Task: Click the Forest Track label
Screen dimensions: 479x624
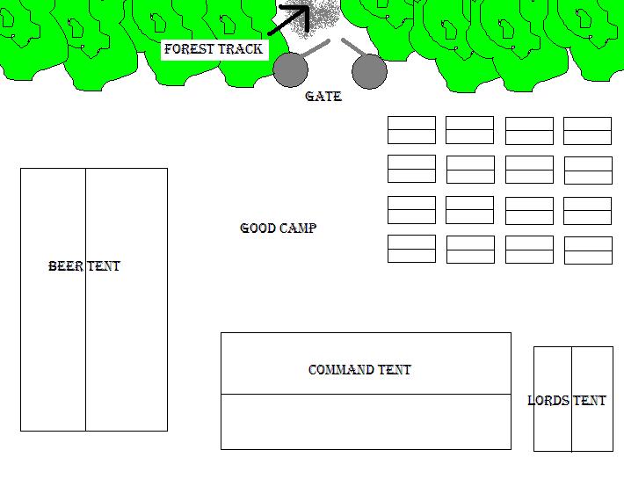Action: (214, 49)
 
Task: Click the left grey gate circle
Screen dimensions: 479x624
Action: (290, 70)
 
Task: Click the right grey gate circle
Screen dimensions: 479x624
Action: (369, 71)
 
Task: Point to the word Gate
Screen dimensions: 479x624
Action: (323, 97)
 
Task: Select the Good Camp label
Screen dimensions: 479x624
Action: (278, 229)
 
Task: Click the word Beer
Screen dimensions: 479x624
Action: (66, 266)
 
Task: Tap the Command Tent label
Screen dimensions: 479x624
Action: (359, 370)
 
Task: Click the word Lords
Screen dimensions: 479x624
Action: (548, 401)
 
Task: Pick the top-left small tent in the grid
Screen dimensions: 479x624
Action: (411, 130)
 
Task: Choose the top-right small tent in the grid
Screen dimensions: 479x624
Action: (587, 131)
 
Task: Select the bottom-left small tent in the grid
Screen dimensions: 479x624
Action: (411, 249)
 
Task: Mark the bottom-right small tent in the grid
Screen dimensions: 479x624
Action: (588, 250)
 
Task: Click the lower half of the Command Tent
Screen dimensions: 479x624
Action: (366, 422)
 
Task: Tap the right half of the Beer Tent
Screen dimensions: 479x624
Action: (126, 352)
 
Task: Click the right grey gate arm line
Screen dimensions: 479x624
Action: (354, 47)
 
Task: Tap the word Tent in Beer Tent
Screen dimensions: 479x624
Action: (104, 266)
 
